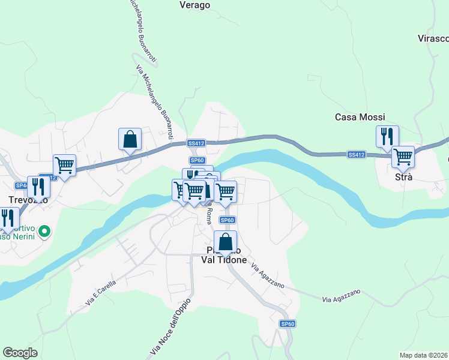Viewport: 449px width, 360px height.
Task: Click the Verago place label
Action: (195, 5)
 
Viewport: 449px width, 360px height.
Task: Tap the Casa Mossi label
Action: (360, 117)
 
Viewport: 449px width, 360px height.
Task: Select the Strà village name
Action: (403, 178)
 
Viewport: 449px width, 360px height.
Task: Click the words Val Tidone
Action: (223, 259)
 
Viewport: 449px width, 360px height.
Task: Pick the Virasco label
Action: (433, 38)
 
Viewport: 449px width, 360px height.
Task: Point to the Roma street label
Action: (209, 215)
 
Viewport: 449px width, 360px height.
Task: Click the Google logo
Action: (20, 353)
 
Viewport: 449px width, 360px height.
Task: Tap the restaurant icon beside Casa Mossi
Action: (387, 136)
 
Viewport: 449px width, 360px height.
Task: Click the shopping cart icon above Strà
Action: (403, 157)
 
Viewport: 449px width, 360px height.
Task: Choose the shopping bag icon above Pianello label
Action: (226, 242)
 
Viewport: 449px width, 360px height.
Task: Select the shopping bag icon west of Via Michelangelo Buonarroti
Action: (130, 139)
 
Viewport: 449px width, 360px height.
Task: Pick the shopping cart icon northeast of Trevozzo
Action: (64, 164)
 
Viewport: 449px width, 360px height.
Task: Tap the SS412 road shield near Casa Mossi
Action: (356, 155)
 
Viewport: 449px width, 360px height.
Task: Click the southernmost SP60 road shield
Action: (288, 324)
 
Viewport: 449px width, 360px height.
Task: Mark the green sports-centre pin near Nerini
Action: (44, 230)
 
